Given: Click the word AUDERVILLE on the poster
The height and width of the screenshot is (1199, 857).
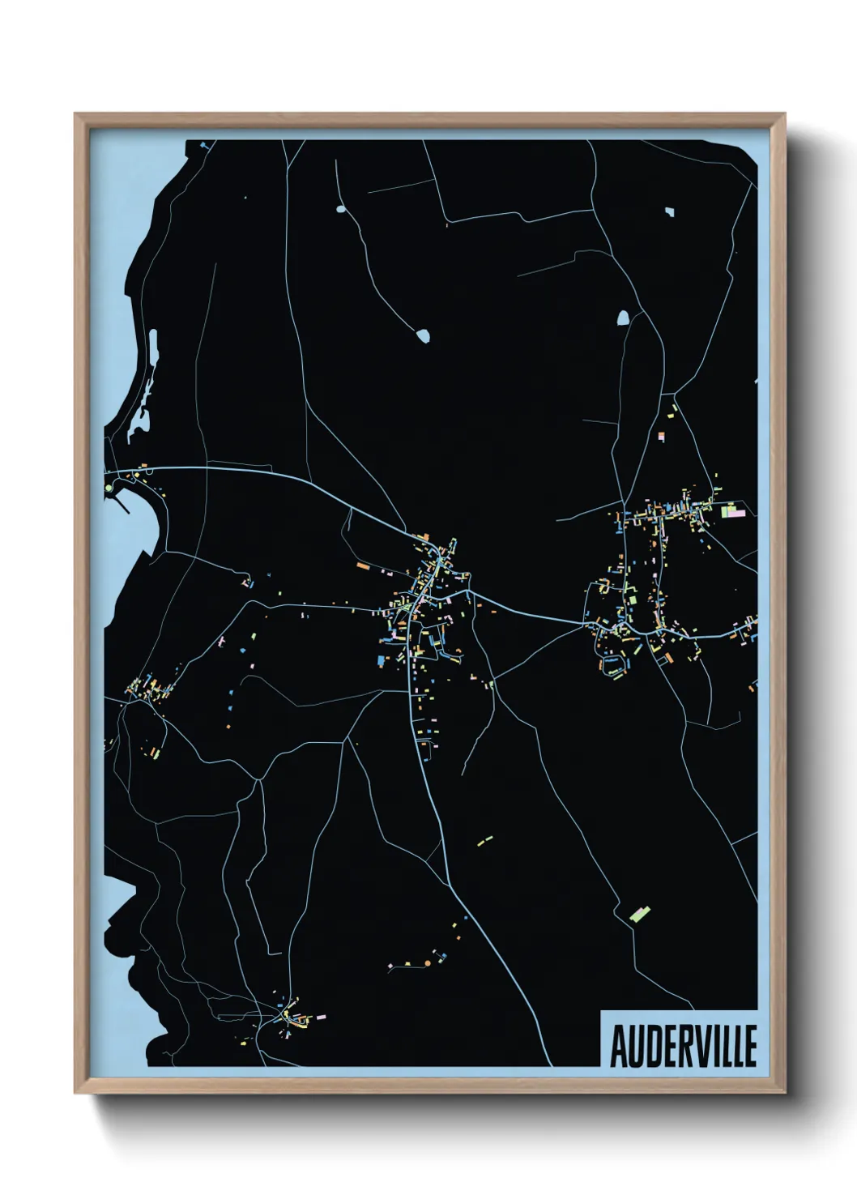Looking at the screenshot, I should [x=683, y=1046].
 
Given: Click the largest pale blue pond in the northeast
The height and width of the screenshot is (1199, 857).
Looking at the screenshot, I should [x=623, y=317].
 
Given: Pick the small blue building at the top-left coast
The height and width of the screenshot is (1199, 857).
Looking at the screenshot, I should [x=203, y=146].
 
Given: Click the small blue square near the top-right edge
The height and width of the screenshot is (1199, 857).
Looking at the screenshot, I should [x=669, y=212].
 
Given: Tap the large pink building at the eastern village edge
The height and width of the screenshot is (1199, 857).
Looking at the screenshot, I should [x=736, y=510].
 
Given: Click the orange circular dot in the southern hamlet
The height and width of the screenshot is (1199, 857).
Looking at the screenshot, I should [x=427, y=962].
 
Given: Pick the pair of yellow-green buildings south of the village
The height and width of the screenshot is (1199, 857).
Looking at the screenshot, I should [x=484, y=841].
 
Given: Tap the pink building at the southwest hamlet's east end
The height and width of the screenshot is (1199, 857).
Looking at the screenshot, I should [x=322, y=1016].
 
